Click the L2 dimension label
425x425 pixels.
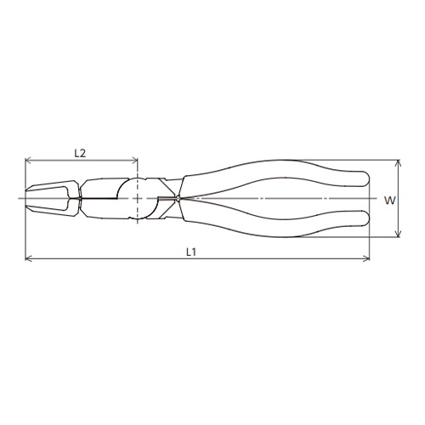click(80, 153)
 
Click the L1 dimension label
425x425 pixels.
click(191, 252)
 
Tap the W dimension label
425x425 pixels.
click(389, 201)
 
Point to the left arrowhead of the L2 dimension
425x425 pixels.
click(27, 161)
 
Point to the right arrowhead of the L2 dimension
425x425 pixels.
click(135, 161)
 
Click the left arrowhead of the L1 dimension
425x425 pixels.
click(27, 258)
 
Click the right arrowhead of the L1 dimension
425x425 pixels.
click(367, 258)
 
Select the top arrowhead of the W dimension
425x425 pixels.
click(399, 162)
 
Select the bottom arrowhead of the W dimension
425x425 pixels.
click(399, 235)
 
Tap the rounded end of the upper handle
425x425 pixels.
click(367, 179)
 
